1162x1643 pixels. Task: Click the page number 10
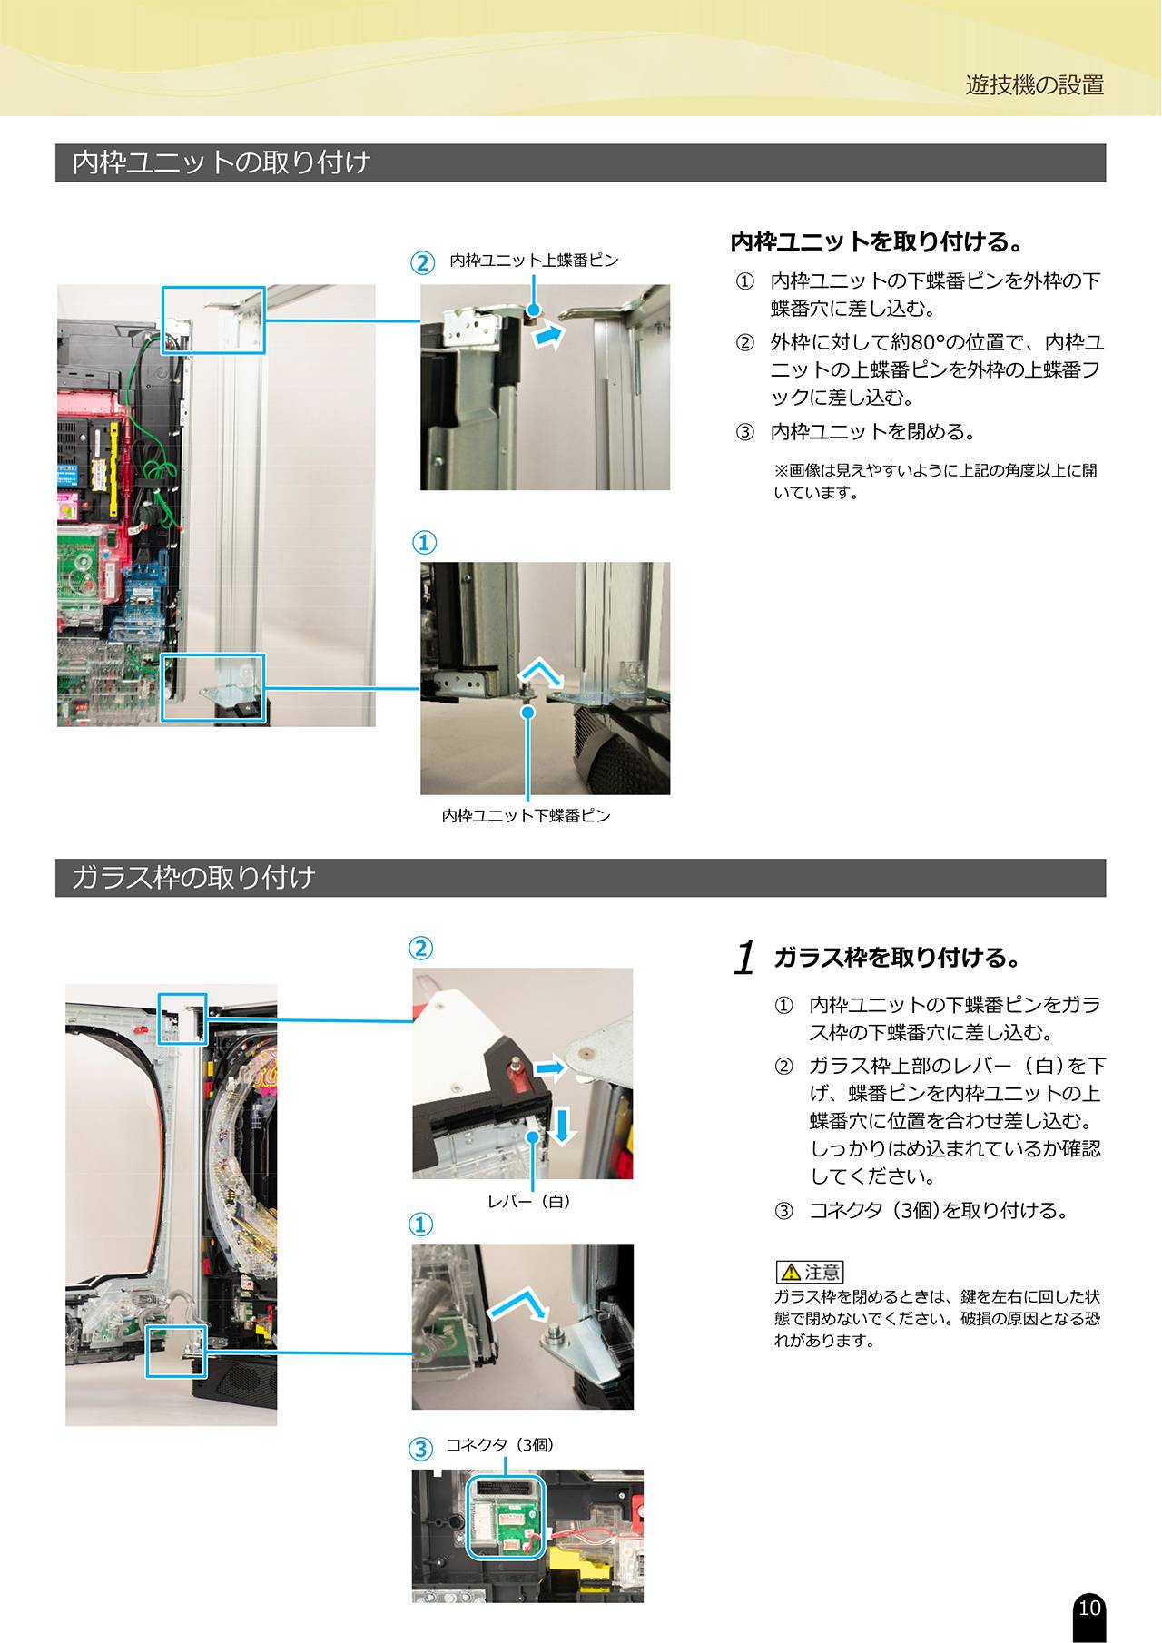1089,1608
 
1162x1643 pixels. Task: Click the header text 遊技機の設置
1035,85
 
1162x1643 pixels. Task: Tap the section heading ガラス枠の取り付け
193,878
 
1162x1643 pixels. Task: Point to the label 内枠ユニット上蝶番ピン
534,261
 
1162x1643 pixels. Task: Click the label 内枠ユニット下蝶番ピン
527,815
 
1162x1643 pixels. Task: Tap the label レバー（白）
529,1201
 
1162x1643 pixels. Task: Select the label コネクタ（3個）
499,1444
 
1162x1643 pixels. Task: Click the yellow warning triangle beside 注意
790,1273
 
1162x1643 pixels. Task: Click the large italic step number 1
744,958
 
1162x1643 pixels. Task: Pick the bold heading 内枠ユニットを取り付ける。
877,242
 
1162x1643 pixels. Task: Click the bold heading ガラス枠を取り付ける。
897,958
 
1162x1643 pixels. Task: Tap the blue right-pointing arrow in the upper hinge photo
547,337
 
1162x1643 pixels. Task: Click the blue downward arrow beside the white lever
563,1126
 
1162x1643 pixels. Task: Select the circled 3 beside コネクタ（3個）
420,1449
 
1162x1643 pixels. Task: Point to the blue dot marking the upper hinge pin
534,310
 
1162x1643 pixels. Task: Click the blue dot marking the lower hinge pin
527,713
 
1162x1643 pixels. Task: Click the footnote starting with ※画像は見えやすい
935,481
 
